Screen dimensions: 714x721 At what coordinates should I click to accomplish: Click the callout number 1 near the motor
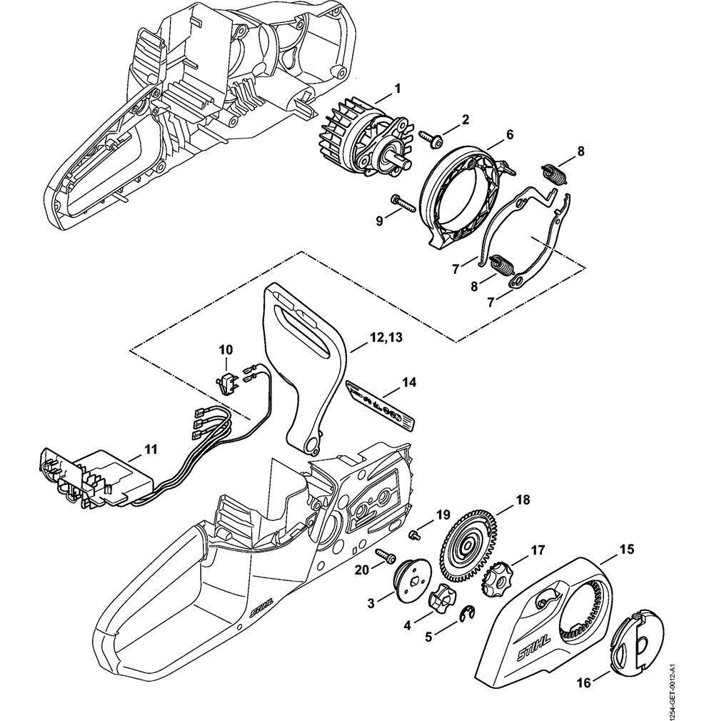tap(398, 88)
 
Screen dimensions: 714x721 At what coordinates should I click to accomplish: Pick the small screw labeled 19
tap(413, 534)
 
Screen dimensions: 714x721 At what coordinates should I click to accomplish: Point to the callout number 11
tap(151, 449)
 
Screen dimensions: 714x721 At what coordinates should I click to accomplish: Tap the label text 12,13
tap(385, 337)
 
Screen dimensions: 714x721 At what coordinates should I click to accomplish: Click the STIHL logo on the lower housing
tap(262, 607)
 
